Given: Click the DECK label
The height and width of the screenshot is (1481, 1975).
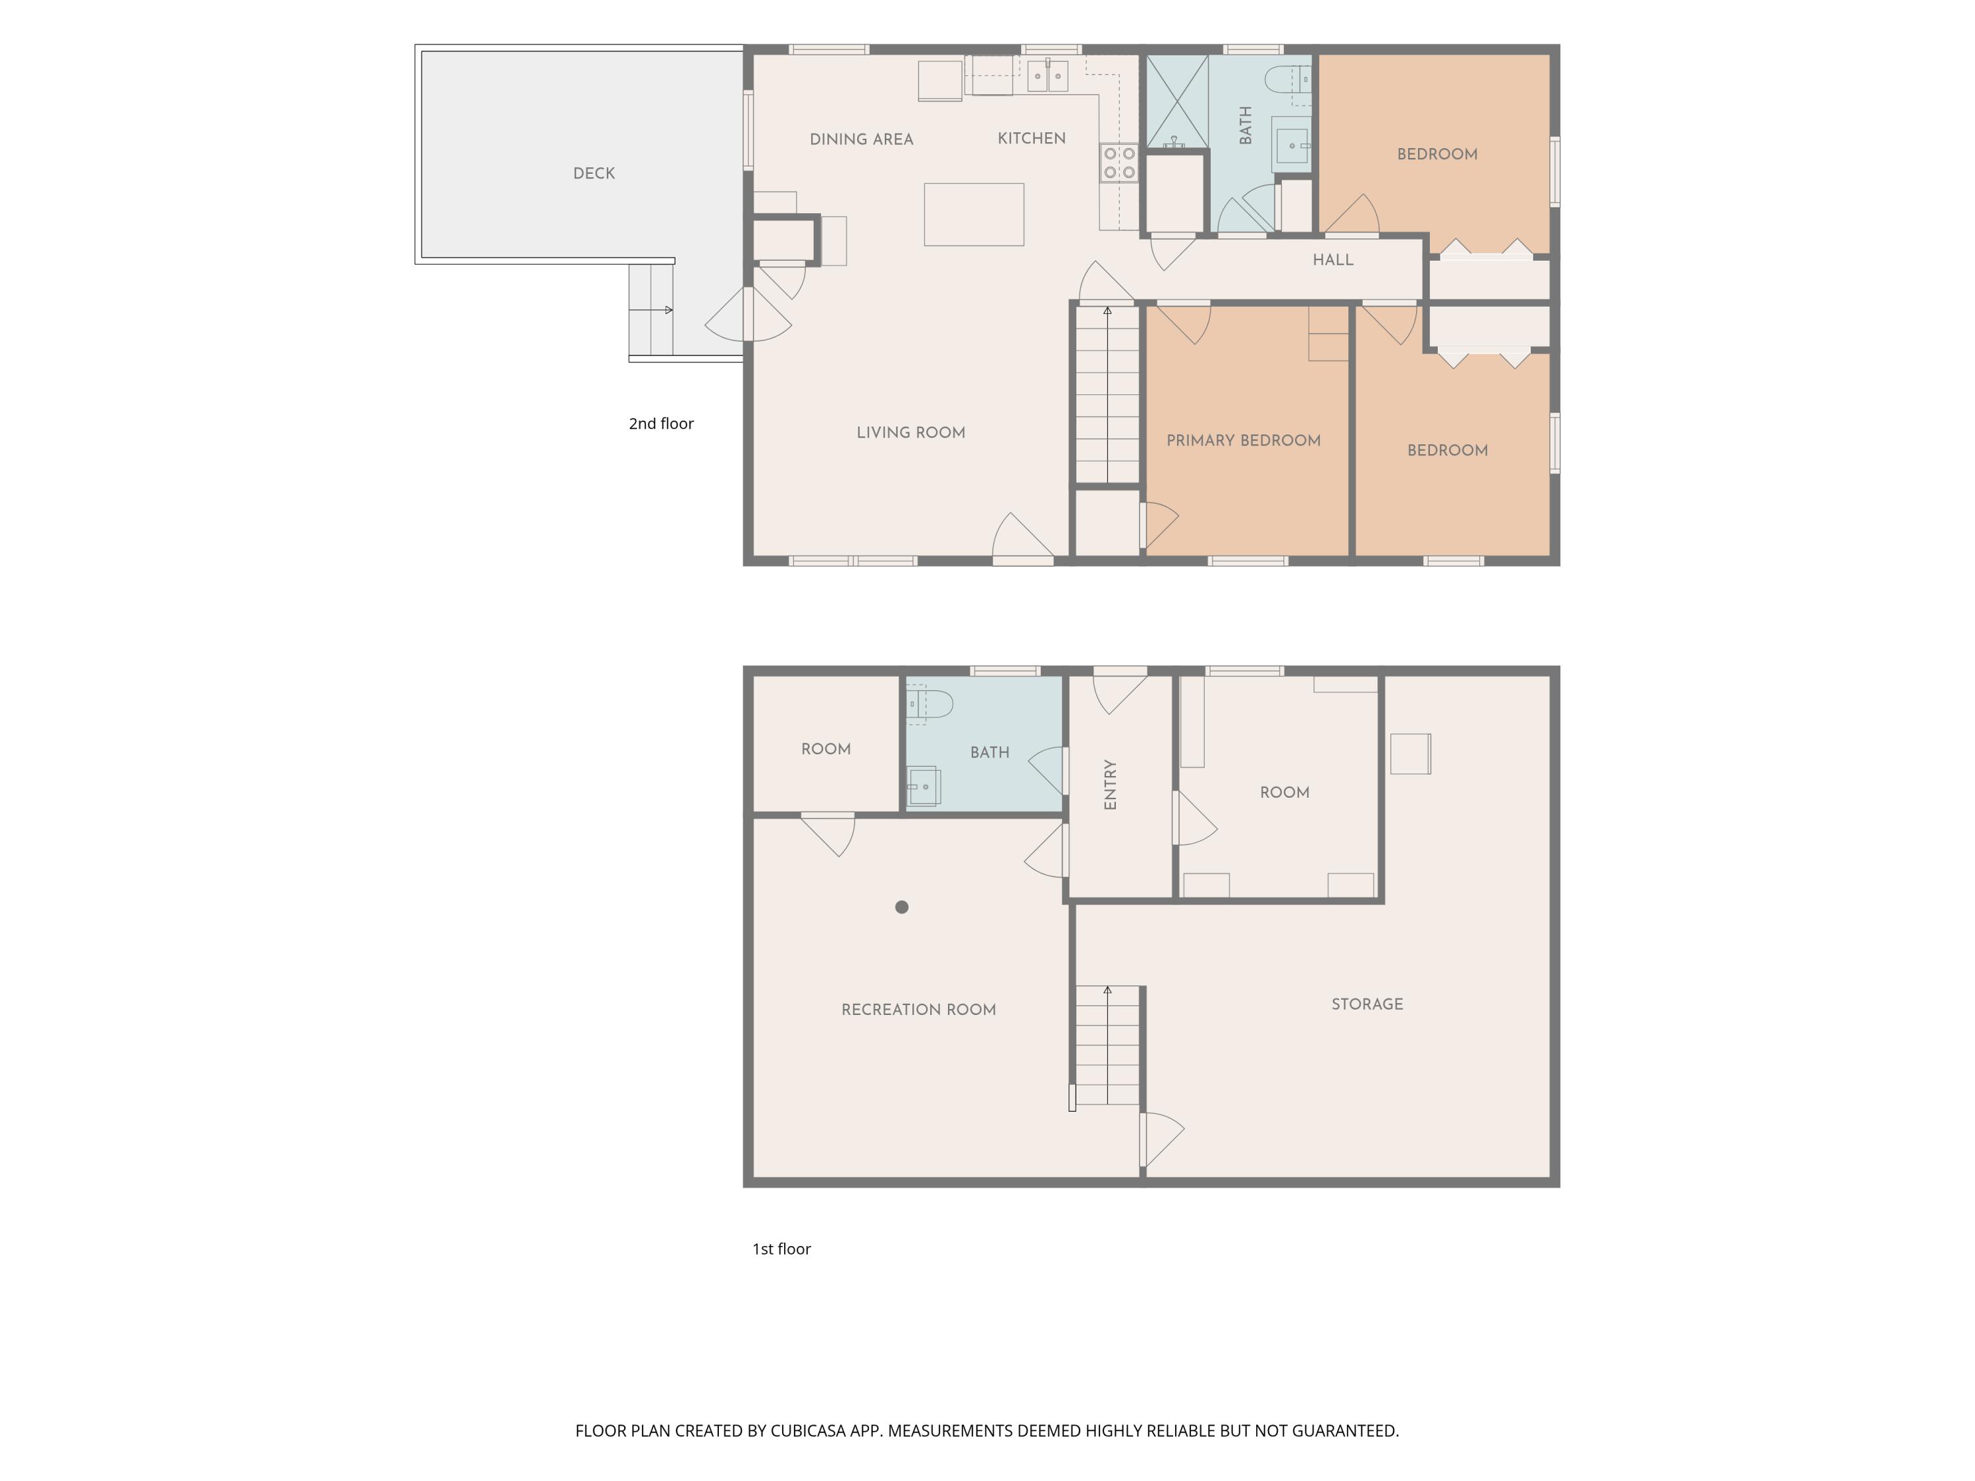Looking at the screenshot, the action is click(x=594, y=173).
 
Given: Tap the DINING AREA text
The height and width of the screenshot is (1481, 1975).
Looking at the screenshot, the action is click(x=862, y=140).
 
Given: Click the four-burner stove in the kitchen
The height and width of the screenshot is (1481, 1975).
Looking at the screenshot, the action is click(x=1119, y=163).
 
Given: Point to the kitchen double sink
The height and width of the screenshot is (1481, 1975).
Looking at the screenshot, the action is click(x=1047, y=76).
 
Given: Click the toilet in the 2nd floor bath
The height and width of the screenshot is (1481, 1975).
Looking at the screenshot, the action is click(x=1288, y=80).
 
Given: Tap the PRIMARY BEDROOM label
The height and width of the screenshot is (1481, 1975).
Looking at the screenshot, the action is click(x=1244, y=440).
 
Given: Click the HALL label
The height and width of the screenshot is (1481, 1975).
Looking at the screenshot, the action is click(x=1333, y=260).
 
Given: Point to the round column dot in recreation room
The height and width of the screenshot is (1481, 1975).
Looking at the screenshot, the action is click(x=902, y=907).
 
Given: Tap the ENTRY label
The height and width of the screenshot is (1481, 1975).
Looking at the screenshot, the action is click(x=1111, y=785).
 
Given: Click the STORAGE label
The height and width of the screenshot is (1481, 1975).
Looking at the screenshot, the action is click(x=1367, y=1004).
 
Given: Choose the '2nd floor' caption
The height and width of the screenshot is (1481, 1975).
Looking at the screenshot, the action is click(x=661, y=423).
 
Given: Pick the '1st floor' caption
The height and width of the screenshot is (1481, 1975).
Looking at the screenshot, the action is click(x=781, y=1249).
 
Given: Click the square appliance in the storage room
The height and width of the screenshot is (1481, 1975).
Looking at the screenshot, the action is click(x=1411, y=754).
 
